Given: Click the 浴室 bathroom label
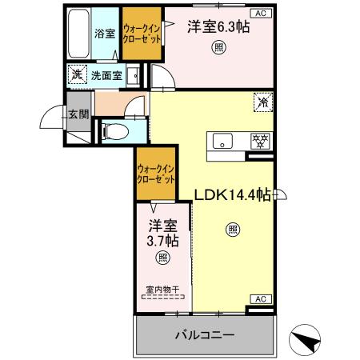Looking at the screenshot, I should (x=105, y=34).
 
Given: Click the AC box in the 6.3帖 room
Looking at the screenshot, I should (x=261, y=12).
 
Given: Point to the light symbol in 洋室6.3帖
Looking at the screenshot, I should (x=218, y=46).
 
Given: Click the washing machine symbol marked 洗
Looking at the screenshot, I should (x=77, y=75).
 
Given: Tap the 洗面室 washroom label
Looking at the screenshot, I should (x=106, y=76).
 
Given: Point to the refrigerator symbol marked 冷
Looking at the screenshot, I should (x=262, y=101).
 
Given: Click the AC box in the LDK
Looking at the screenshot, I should (x=261, y=299).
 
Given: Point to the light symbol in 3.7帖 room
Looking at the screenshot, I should (x=162, y=258).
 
